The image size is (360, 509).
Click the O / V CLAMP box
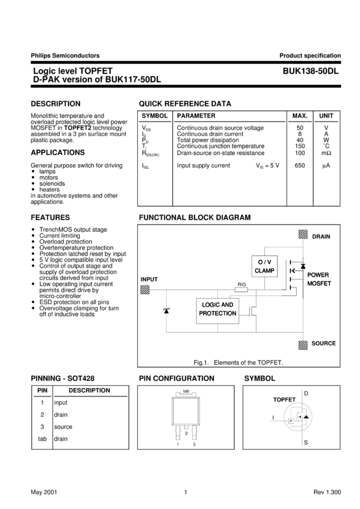pyautogui.click(x=264, y=266)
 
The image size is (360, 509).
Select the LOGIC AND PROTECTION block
pyautogui.click(x=217, y=310)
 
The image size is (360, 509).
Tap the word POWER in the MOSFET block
pyautogui.click(x=318, y=275)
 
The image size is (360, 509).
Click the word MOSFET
pyautogui.click(x=319, y=283)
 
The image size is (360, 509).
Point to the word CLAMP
pyautogui.click(x=264, y=271)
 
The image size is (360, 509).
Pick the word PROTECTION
pyautogui.click(x=217, y=314)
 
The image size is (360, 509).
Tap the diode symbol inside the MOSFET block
pyautogui.click(x=303, y=266)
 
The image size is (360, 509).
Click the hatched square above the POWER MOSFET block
pyautogui.click(x=303, y=234)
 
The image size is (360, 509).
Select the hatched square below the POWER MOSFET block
pyautogui.click(x=303, y=345)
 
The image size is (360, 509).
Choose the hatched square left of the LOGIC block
pyautogui.click(x=145, y=289)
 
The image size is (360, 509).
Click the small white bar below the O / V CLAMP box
pyautogui.click(x=241, y=290)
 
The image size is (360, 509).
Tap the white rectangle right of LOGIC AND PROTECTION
pyautogui.click(x=257, y=311)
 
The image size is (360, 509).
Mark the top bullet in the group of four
pyautogui.click(x=33, y=171)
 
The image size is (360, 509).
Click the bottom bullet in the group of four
pyautogui.click(x=33, y=189)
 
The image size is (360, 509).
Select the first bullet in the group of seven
pyautogui.click(x=33, y=229)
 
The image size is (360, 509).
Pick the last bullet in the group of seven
pyautogui.click(x=33, y=265)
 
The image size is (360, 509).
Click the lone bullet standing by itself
pyautogui.click(x=33, y=284)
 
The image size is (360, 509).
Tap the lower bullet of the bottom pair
pyautogui.click(x=33, y=308)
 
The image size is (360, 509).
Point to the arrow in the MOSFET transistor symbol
pyautogui.click(x=292, y=271)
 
